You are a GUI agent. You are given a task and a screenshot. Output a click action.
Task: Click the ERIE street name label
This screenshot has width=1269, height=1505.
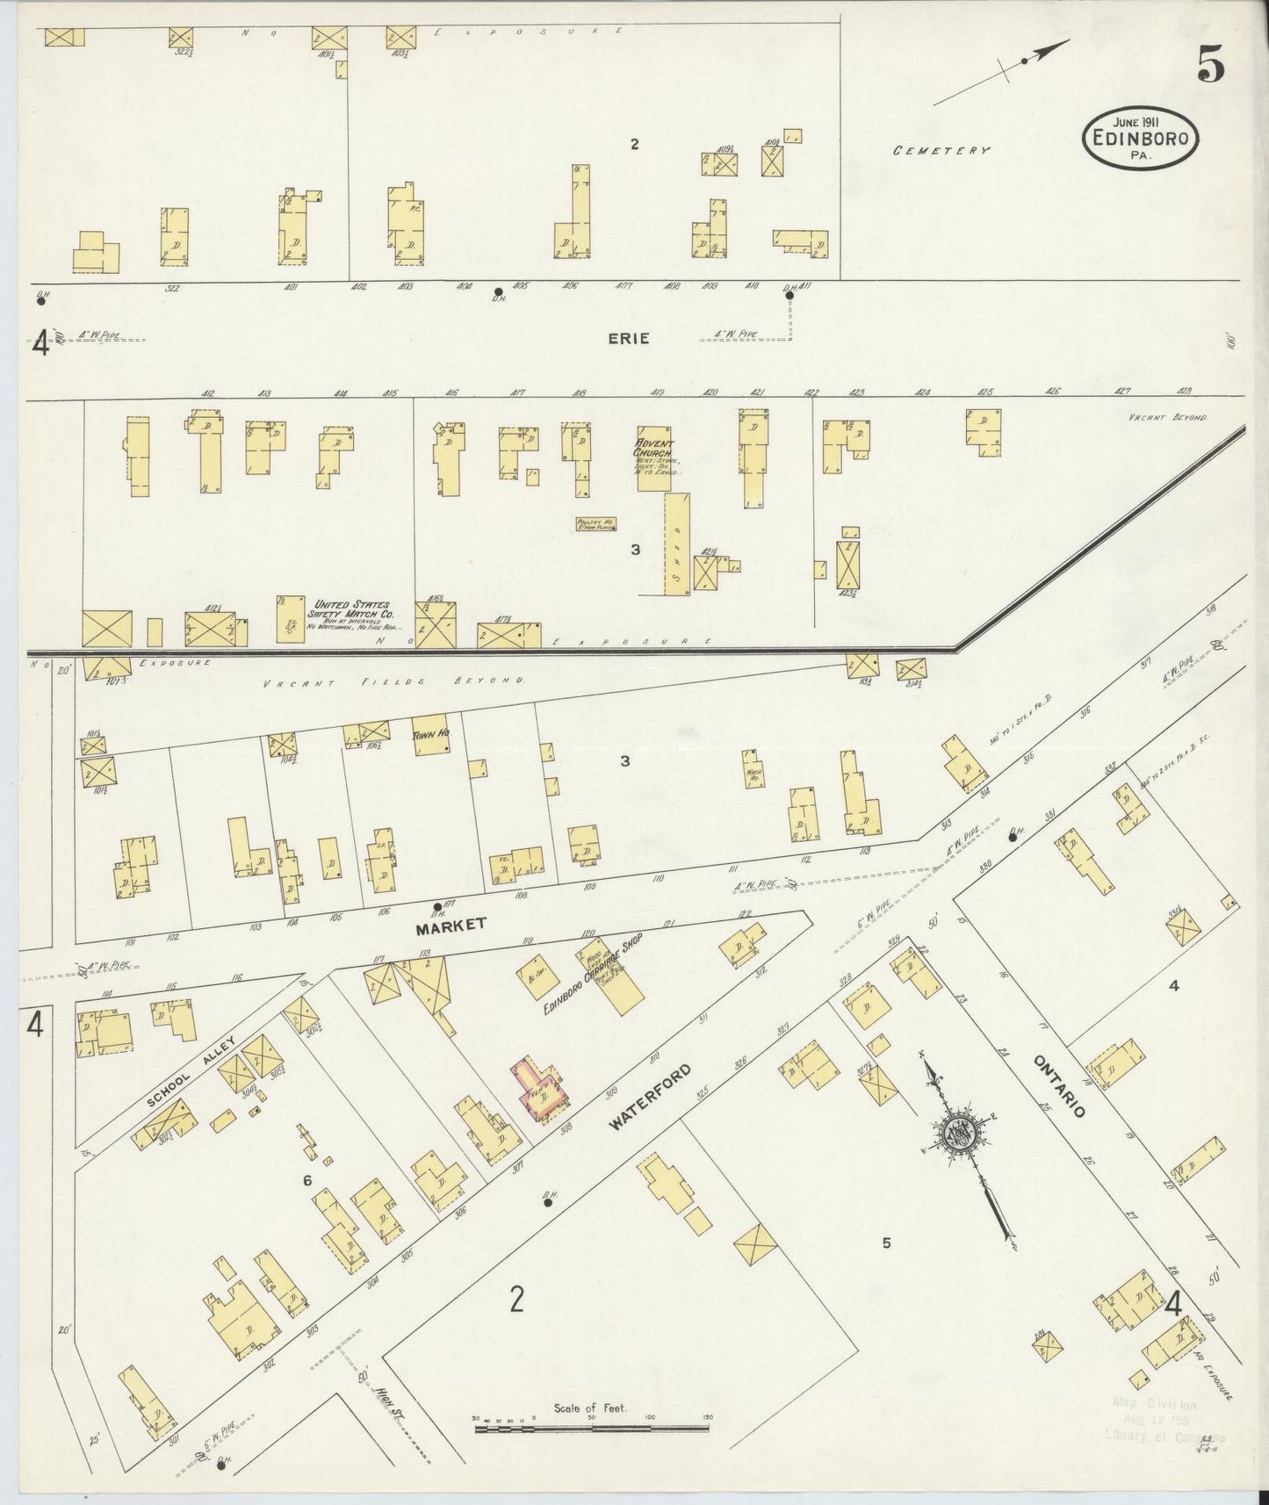click(x=629, y=338)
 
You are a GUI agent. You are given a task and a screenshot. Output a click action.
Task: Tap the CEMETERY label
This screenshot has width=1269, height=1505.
click(x=941, y=150)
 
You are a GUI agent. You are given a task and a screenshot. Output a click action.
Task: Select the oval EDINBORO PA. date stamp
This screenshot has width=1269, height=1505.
click(x=1141, y=138)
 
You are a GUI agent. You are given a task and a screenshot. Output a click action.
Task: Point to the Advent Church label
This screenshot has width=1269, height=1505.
click(x=655, y=450)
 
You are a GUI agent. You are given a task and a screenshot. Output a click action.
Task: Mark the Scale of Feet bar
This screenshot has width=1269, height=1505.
click(x=591, y=1429)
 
